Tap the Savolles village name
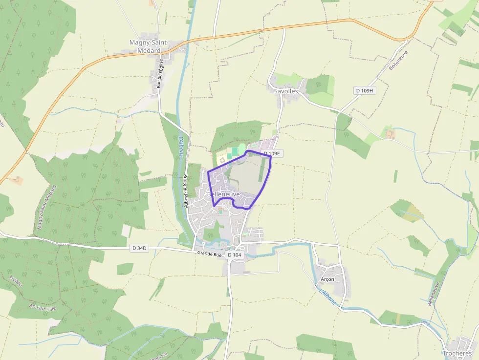pyautogui.click(x=286, y=91)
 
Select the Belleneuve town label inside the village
pyautogui.click(x=224, y=194)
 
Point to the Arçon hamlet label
pyautogui.click(x=327, y=279)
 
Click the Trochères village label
pyautogui.click(x=457, y=353)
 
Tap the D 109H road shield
pyautogui.click(x=364, y=90)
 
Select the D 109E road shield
pyautogui.click(x=272, y=153)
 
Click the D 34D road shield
pyautogui.click(x=139, y=248)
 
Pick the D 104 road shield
pyautogui.click(x=235, y=254)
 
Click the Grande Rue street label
pyautogui.click(x=210, y=254)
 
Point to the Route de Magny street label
pyautogui.click(x=186, y=191)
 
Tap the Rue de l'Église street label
pyautogui.click(x=160, y=74)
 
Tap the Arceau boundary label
pyautogui.click(x=16, y=284)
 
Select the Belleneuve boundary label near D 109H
pyautogui.click(x=398, y=61)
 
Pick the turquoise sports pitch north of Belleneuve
pyautogui.click(x=235, y=151)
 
